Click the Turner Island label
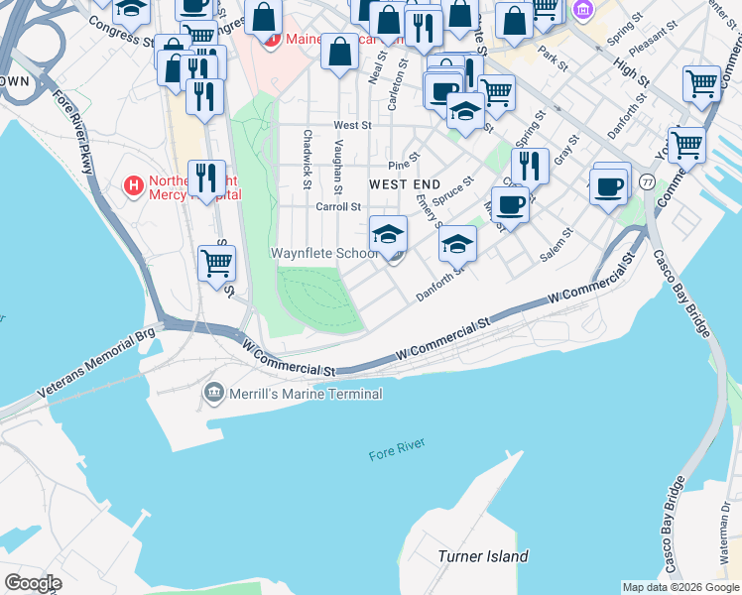coord(482,556)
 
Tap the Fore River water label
coord(397,454)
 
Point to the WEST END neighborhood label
coord(404,184)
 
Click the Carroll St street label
coord(337,207)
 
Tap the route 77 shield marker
coord(647,182)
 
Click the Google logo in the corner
coord(33,582)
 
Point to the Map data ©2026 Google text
coord(680,587)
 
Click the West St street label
coord(352,126)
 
